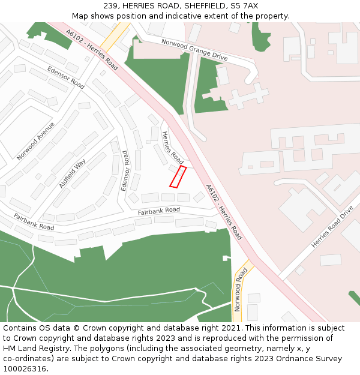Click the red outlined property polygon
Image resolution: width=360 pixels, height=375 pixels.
(x=178, y=176)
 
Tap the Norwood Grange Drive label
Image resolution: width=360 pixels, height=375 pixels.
(x=194, y=49)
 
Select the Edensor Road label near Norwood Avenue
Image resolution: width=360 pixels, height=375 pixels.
(x=65, y=77)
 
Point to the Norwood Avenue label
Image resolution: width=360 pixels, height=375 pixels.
(x=35, y=141)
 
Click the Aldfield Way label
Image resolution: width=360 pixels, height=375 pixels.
(x=73, y=173)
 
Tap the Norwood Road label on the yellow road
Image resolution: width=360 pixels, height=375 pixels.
(x=241, y=290)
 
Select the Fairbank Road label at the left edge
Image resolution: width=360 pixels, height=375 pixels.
(x=34, y=222)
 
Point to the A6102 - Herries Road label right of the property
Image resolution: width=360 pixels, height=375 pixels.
(x=224, y=212)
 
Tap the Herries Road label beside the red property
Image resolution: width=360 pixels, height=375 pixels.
(x=173, y=148)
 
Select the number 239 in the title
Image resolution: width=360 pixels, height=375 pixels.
(x=110, y=6)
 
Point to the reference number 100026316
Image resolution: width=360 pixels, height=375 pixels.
(x=25, y=368)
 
